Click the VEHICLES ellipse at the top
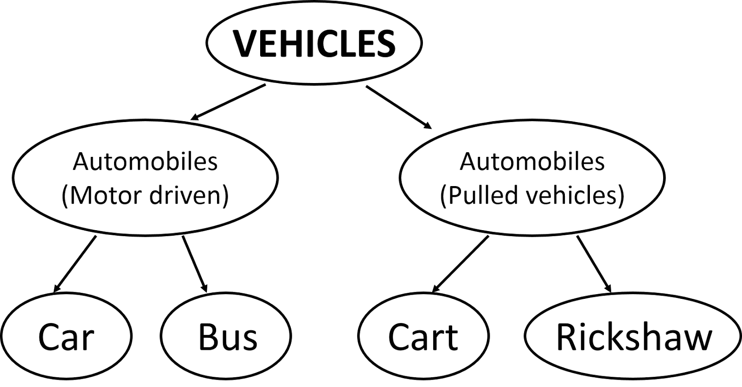click(314, 43)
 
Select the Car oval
click(66, 336)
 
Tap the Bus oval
click(226, 336)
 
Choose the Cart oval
click(423, 336)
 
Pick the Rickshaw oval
click(633, 336)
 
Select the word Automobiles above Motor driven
click(145, 162)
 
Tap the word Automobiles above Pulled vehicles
click(532, 162)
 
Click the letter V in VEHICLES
click(244, 43)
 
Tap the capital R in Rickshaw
click(567, 337)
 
